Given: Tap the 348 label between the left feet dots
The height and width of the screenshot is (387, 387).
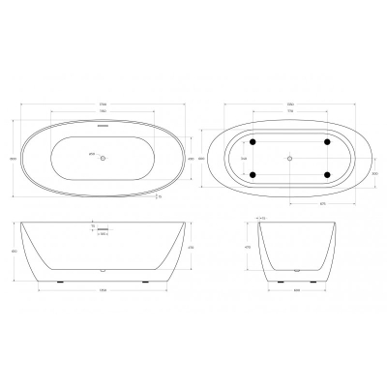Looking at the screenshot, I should point(244,158).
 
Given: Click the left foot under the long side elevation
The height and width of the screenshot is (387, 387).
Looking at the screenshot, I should point(60,282).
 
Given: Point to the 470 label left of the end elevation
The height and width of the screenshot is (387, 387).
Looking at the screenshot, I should point(251,249).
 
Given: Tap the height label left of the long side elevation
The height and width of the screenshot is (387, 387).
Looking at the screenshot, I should point(13,251).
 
